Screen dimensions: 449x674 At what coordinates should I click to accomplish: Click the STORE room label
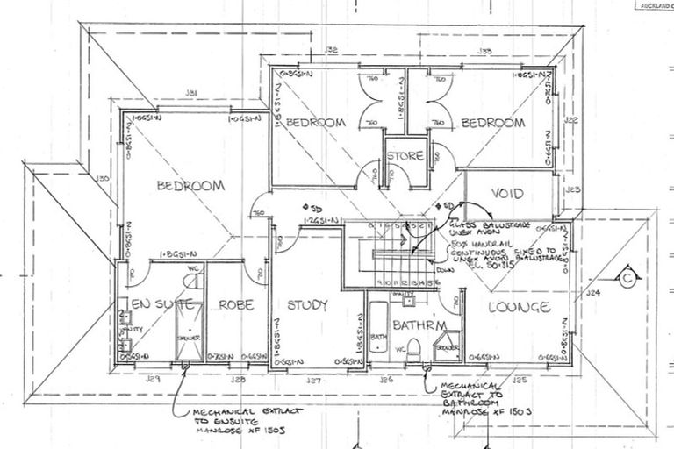click(405, 156)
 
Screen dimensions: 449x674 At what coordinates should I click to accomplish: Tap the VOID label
click(506, 193)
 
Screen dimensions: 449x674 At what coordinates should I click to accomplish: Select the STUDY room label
click(307, 305)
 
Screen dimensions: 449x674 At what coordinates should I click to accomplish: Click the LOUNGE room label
click(520, 307)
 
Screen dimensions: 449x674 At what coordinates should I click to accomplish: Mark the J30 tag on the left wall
click(103, 180)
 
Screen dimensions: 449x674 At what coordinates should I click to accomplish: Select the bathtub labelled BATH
click(378, 333)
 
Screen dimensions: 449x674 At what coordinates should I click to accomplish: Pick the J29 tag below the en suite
click(154, 380)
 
